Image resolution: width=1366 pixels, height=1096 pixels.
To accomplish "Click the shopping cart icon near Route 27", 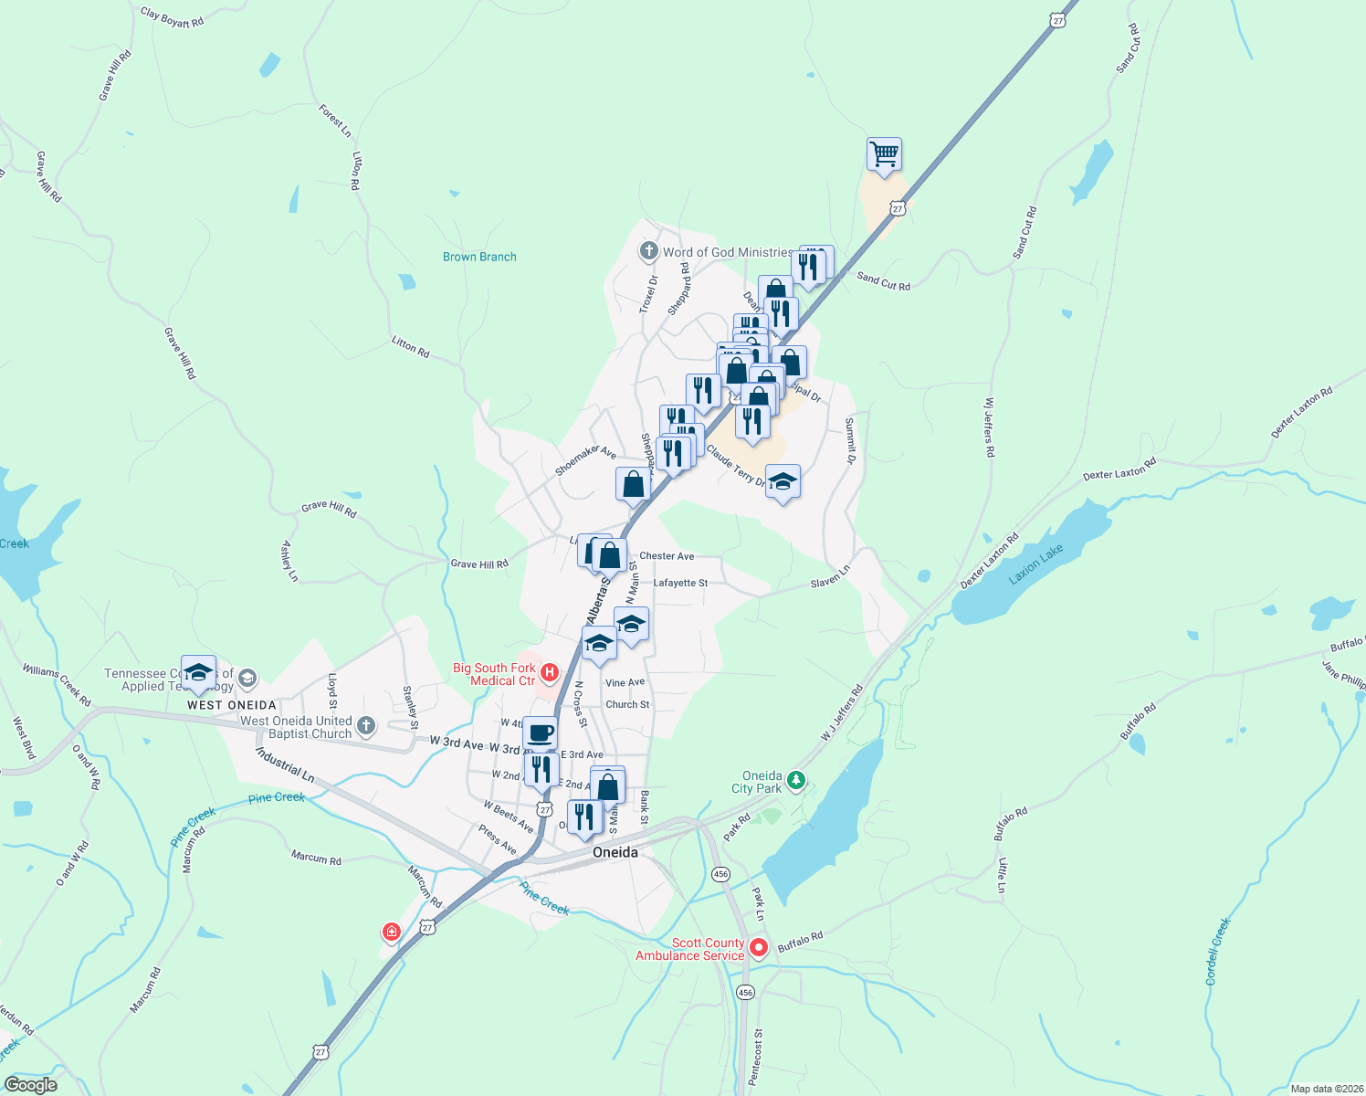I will tap(884, 154).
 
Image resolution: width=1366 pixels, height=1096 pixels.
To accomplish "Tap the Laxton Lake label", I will tap(1036, 565).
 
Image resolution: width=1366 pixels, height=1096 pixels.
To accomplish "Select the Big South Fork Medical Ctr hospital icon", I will tap(550, 674).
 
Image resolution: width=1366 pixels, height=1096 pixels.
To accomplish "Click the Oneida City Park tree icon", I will tap(797, 781).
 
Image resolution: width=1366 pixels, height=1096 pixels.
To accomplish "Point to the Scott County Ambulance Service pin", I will tap(758, 948).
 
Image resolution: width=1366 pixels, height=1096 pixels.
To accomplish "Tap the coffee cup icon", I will tap(540, 732).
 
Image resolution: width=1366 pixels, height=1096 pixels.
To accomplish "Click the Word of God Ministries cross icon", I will tap(648, 251).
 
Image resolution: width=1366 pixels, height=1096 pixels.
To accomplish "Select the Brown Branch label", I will tap(479, 257).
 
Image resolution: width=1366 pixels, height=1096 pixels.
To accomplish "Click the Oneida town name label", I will tap(615, 852).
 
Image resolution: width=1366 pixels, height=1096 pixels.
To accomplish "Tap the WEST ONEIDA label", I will tap(232, 705).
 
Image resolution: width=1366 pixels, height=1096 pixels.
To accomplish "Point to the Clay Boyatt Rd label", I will tap(172, 18).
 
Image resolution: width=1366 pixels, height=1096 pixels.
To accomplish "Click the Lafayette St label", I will tap(680, 583).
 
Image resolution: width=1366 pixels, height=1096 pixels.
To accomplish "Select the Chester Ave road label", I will tap(667, 556).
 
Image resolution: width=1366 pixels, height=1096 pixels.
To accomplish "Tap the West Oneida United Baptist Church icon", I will tap(365, 726).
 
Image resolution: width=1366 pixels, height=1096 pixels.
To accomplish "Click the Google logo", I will tap(31, 1085).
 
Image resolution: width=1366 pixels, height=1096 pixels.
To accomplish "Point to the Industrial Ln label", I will tap(285, 764).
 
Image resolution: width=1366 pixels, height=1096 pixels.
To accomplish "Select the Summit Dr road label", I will tap(850, 440).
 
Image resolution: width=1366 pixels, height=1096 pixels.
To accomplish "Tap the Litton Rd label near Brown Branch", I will tap(410, 346).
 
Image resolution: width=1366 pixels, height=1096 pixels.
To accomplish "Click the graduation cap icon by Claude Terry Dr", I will tap(783, 480).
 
